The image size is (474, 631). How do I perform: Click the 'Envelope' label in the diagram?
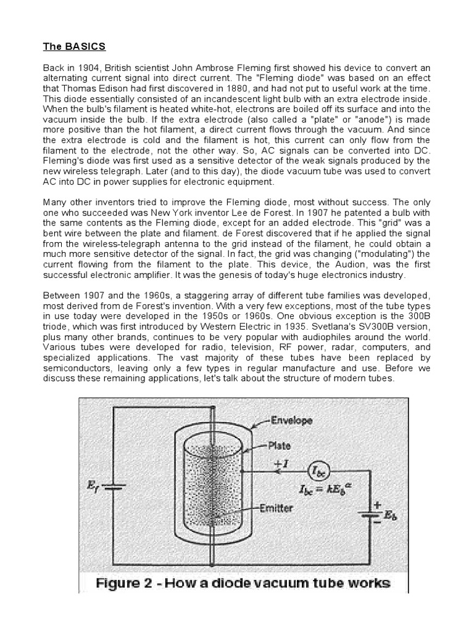[x=291, y=421]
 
